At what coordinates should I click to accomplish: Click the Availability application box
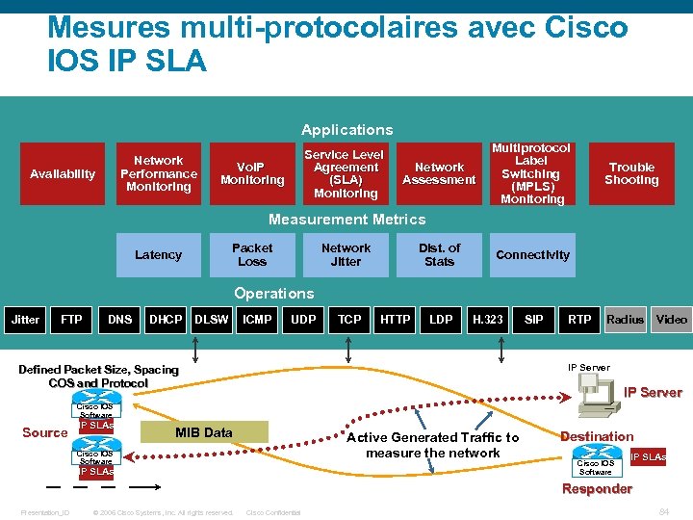[x=63, y=174]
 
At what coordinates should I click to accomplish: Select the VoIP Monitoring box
[x=252, y=174]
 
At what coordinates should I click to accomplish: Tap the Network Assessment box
[x=439, y=174]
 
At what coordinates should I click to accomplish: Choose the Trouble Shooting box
[x=631, y=174]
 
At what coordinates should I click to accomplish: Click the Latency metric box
[x=158, y=255]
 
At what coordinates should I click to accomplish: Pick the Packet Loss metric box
[x=252, y=255]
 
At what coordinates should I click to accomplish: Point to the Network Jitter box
[x=346, y=255]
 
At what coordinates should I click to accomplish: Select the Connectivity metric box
[x=532, y=255]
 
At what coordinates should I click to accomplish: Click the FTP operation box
[x=71, y=320]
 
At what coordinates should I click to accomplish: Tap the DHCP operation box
[x=166, y=320]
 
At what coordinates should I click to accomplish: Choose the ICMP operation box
[x=257, y=320]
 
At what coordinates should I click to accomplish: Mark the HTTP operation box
[x=395, y=320]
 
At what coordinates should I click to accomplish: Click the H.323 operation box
[x=487, y=320]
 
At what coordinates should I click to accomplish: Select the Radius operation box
[x=625, y=320]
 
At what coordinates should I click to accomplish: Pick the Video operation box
[x=672, y=320]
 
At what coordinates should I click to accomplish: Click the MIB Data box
[x=203, y=432]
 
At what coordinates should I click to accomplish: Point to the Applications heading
[x=346, y=130]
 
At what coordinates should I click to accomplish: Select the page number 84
[x=663, y=512]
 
